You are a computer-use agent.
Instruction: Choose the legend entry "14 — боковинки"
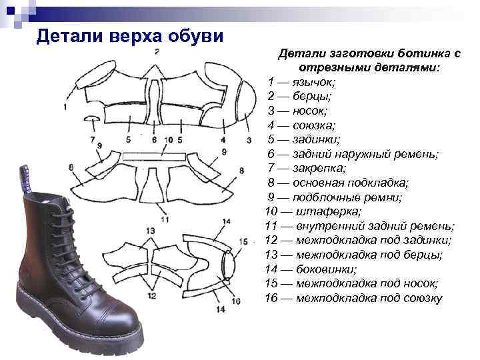310,269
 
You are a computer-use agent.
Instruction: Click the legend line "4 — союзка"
301,125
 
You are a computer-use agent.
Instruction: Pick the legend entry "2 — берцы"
300,96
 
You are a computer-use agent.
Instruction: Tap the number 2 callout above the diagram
155,51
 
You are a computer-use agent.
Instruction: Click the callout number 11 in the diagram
165,219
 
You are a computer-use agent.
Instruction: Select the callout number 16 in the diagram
235,301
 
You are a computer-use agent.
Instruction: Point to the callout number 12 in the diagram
151,295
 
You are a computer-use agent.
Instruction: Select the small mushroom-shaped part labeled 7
91,119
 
